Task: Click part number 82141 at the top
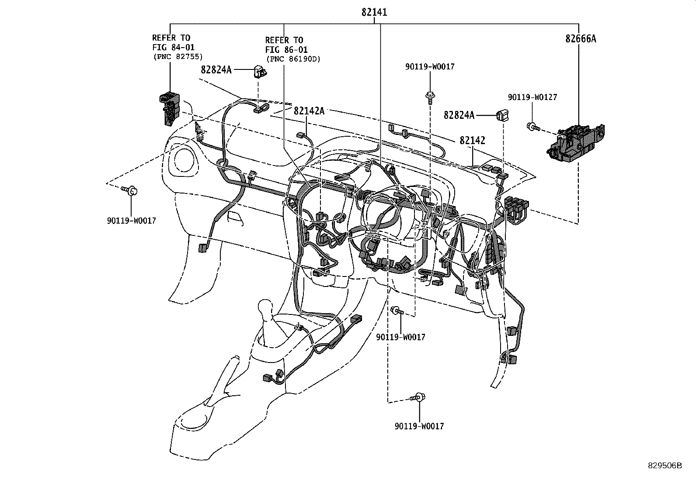[x=374, y=13]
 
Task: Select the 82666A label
[x=581, y=39]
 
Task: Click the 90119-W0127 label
[x=532, y=97]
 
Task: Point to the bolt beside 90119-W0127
[x=533, y=128]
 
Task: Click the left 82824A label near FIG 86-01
[x=216, y=69]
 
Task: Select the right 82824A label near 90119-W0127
[x=459, y=115]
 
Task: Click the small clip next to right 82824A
[x=501, y=116]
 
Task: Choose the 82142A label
[x=309, y=111]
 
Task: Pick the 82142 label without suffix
[x=472, y=140]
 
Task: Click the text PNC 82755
[x=178, y=56]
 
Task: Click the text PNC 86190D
[x=293, y=59]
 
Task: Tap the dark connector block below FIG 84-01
[x=169, y=107]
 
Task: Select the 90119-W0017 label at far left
[x=131, y=221]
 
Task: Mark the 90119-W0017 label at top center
[x=430, y=67]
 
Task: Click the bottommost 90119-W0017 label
[x=419, y=426]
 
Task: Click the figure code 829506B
[x=664, y=465]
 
